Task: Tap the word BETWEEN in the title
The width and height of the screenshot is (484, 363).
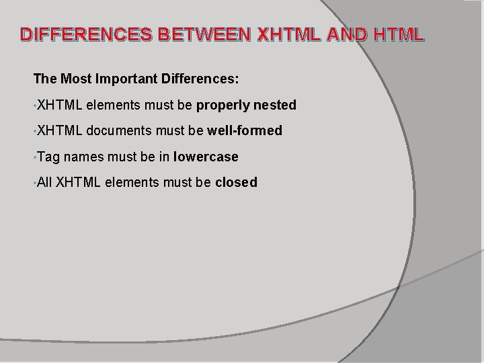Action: click(195, 34)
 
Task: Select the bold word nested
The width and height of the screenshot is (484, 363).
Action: click(274, 105)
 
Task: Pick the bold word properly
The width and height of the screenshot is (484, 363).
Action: click(223, 105)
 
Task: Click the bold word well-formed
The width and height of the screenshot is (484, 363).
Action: click(245, 130)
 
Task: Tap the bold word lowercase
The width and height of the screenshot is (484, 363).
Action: click(206, 157)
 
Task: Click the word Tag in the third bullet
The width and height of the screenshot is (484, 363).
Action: click(49, 157)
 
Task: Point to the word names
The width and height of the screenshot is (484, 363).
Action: click(84, 157)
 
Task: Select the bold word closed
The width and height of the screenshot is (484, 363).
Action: click(236, 182)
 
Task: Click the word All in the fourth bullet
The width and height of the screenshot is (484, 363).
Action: click(45, 182)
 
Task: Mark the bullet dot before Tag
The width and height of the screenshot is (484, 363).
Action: click(35, 157)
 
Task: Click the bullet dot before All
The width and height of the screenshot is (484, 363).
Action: click(35, 183)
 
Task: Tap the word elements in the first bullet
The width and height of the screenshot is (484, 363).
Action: click(113, 105)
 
